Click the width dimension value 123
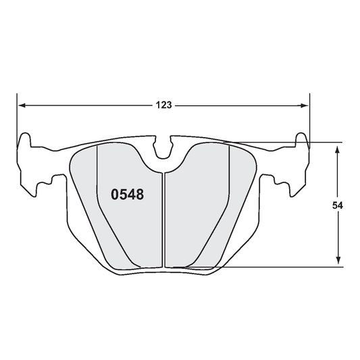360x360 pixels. pyautogui.click(x=163, y=105)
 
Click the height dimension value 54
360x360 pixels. pyautogui.click(x=338, y=205)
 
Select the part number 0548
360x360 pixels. pyautogui.click(x=126, y=195)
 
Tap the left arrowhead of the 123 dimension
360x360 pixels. pyautogui.click(x=22, y=105)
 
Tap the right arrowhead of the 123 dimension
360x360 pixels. pyautogui.click(x=305, y=105)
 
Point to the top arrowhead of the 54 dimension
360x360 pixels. pyautogui.click(x=338, y=147)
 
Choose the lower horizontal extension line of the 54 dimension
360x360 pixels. pyautogui.click(x=284, y=266)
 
